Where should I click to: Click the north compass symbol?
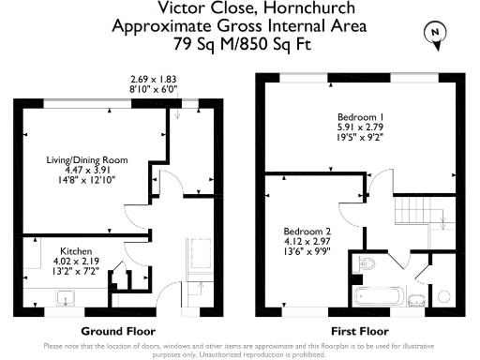pyautogui.click(x=435, y=35)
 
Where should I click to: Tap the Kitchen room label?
pyautogui.click(x=76, y=251)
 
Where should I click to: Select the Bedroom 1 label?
pyautogui.click(x=360, y=117)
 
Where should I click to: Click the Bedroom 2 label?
pyautogui.click(x=307, y=232)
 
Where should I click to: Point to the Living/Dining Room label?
pyautogui.click(x=87, y=160)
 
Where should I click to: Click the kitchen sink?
pyautogui.click(x=66, y=298)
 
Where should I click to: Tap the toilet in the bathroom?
pyautogui.click(x=364, y=264)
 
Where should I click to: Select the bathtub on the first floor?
pyautogui.click(x=378, y=296)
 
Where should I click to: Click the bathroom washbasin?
pyautogui.click(x=416, y=300)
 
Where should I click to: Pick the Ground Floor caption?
pyautogui.click(x=118, y=331)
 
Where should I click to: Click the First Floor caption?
pyautogui.click(x=360, y=331)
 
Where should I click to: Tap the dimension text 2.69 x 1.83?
pyautogui.click(x=154, y=79)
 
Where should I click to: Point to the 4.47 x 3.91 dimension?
pyautogui.click(x=87, y=170)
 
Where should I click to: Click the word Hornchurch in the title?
pyautogui.click(x=309, y=8)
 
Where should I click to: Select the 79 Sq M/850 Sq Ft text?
pyautogui.click(x=243, y=44)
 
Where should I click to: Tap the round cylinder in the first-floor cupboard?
pyautogui.click(x=443, y=296)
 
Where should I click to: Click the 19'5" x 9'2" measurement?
pyautogui.click(x=360, y=137)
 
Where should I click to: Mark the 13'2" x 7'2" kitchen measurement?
pyautogui.click(x=76, y=271)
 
